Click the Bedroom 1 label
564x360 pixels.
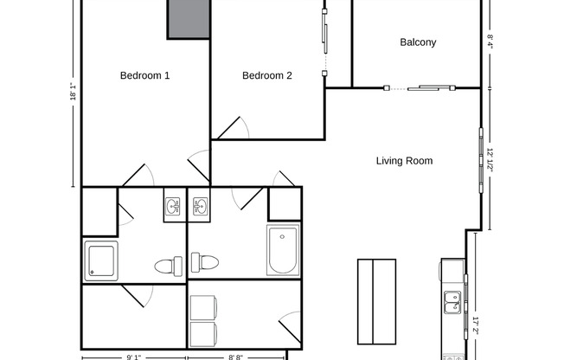click(x=144, y=76)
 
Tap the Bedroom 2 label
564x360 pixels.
click(x=266, y=76)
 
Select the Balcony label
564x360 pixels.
click(x=418, y=42)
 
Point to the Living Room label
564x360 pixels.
click(x=404, y=161)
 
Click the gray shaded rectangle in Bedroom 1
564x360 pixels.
click(x=189, y=19)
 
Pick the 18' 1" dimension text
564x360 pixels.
click(x=73, y=93)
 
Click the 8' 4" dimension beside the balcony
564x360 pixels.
click(x=490, y=41)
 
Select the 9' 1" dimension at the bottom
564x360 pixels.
click(x=134, y=356)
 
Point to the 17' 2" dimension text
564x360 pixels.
click(x=476, y=326)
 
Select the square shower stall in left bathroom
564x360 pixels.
click(x=101, y=260)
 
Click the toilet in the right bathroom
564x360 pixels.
click(x=204, y=261)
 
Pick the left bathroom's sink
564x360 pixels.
click(x=173, y=207)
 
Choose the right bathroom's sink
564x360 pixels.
click(x=201, y=207)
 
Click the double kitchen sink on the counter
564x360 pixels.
click(x=452, y=302)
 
